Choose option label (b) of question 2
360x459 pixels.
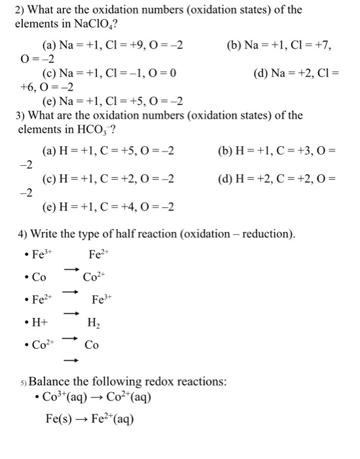235,45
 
